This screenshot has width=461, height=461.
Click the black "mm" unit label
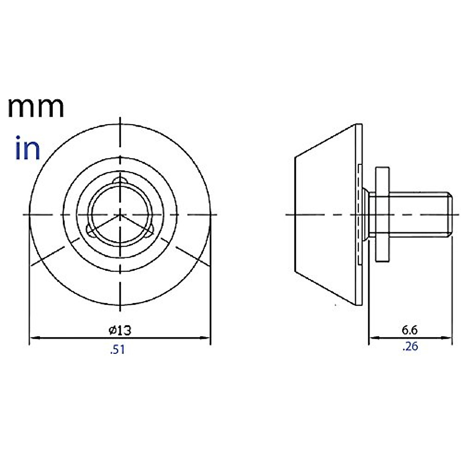(36, 108)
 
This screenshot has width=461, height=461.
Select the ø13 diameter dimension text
(120, 330)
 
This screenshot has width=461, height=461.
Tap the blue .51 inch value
(118, 350)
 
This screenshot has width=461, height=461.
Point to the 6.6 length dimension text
(410, 330)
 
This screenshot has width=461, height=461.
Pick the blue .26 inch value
(410, 347)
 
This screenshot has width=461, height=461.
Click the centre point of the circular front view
(121, 214)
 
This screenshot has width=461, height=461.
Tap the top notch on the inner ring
(121, 181)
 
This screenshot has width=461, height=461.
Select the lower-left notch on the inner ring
(91, 230)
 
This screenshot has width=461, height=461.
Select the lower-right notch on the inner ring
(150, 230)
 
